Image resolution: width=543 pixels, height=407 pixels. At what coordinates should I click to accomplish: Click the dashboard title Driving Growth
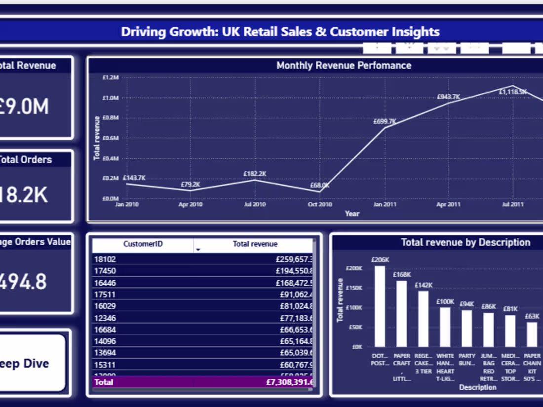280,32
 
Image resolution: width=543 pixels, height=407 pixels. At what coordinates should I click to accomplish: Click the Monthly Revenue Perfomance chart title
344,65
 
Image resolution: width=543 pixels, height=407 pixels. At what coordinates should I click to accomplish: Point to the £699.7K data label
385,121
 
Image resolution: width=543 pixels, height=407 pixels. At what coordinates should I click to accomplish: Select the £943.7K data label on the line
448,97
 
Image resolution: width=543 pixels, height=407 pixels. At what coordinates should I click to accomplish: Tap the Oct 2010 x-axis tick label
320,204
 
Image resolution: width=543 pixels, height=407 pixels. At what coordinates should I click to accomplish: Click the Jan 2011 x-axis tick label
384,204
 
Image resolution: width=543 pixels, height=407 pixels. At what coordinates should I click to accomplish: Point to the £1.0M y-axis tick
111,98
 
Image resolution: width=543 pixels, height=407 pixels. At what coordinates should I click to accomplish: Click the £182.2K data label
255,174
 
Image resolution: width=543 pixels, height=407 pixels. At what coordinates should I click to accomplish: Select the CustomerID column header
143,244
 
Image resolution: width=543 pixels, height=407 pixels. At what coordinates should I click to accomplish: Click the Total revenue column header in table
255,244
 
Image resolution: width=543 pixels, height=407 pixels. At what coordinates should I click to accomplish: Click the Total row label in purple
104,382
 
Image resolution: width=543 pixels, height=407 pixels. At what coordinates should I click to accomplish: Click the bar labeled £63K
532,334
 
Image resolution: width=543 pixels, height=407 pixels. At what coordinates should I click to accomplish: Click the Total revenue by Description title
465,242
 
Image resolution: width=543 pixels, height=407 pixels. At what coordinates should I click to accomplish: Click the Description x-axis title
477,387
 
